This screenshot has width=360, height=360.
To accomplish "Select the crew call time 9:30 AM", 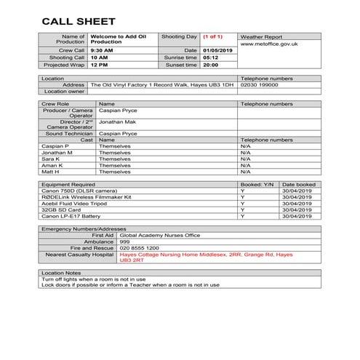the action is pos(102,49).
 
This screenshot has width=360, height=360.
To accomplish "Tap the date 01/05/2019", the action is pos(217,49).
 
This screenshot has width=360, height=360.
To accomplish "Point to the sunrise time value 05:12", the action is pos(210,57).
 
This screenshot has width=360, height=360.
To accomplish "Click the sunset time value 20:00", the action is pos(210,65).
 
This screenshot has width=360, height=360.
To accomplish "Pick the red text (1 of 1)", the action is pos(214,36).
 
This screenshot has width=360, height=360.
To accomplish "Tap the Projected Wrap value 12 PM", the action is pos(99,65).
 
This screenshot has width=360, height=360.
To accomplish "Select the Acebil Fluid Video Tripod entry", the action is pos(73,204).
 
